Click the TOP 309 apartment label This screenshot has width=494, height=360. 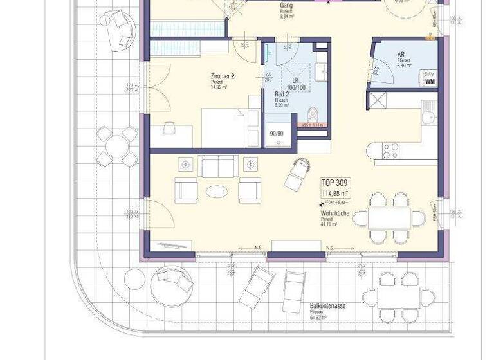point(334,183)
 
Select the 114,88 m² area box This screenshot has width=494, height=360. point(335,194)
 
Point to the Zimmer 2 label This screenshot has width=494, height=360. point(223,76)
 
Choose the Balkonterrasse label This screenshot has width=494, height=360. point(327,307)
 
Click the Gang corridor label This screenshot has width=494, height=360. point(287,6)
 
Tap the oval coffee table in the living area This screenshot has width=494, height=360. point(216,191)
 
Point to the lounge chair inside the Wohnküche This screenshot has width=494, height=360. point(297,174)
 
